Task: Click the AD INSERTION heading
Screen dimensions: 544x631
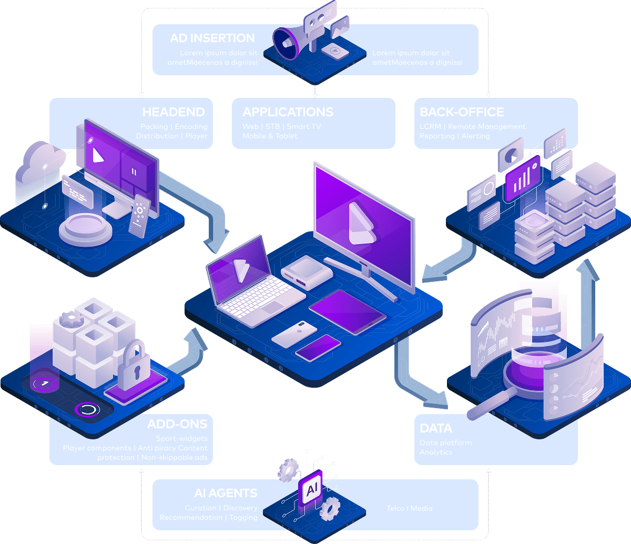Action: tap(212, 38)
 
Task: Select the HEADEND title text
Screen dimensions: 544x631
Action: tap(174, 112)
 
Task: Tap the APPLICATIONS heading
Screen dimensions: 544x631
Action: tap(288, 112)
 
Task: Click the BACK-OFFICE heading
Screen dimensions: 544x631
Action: tap(462, 112)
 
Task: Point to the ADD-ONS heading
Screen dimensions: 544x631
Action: tap(177, 424)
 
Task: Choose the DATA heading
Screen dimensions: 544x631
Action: tap(436, 428)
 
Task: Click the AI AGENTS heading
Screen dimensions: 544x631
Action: tap(226, 493)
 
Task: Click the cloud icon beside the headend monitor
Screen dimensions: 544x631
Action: tap(39, 163)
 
